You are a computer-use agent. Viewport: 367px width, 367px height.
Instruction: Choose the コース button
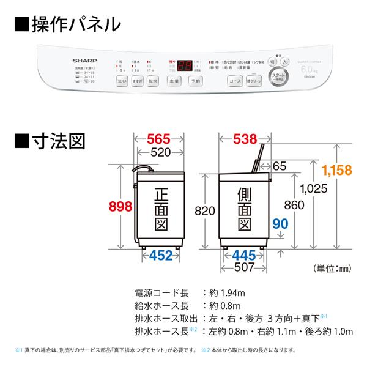[235, 81]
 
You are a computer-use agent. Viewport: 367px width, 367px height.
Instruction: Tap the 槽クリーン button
[254, 81]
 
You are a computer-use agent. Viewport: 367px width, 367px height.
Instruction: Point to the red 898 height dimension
[120, 206]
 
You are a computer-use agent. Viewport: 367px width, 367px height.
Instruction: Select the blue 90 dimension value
[280, 224]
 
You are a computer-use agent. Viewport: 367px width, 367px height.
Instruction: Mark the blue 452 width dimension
[161, 256]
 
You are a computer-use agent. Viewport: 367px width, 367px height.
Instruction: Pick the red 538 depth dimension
[240, 139]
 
